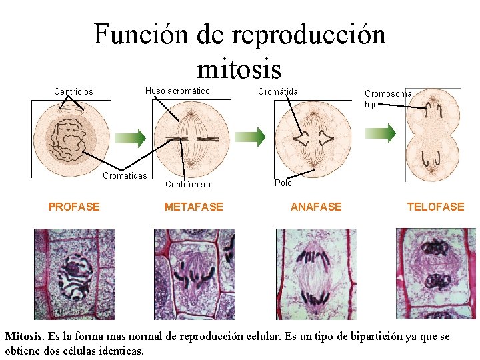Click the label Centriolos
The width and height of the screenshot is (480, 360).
click(73, 92)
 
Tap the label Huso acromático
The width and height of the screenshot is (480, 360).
click(177, 91)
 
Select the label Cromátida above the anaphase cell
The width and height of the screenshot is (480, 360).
click(278, 91)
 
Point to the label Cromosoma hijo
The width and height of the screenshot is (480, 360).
click(387, 99)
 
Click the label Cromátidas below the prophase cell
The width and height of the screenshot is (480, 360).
click(125, 175)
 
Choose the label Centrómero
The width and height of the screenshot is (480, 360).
click(187, 184)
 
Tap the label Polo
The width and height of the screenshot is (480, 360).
click(283, 183)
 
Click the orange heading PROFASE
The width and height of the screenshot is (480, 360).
click(74, 207)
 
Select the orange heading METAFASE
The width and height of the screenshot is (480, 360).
click(194, 207)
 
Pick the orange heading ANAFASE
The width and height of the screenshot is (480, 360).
click(316, 207)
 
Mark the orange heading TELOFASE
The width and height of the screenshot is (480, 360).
click(435, 207)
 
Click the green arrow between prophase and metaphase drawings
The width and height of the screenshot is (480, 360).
click(137, 138)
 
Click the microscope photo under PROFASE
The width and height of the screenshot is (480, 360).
click(74, 274)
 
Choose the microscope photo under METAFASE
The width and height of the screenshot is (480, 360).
click(194, 274)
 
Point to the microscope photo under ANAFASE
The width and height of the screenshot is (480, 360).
click(316, 274)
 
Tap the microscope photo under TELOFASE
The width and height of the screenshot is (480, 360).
click(436, 274)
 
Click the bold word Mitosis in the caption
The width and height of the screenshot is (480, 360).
click(24, 337)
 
